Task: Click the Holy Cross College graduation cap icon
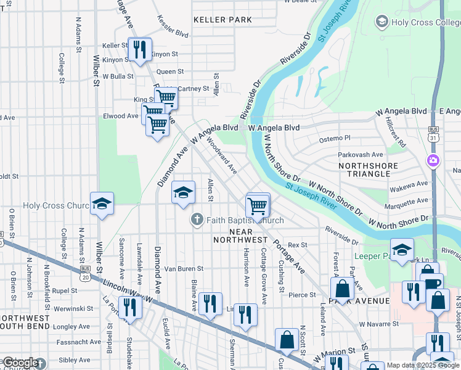(381, 23)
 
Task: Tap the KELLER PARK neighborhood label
(222, 20)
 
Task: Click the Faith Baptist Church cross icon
(197, 220)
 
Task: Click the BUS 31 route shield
(433, 134)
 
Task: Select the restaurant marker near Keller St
(139, 49)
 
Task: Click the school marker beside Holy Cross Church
(102, 203)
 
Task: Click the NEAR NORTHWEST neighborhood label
(240, 235)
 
